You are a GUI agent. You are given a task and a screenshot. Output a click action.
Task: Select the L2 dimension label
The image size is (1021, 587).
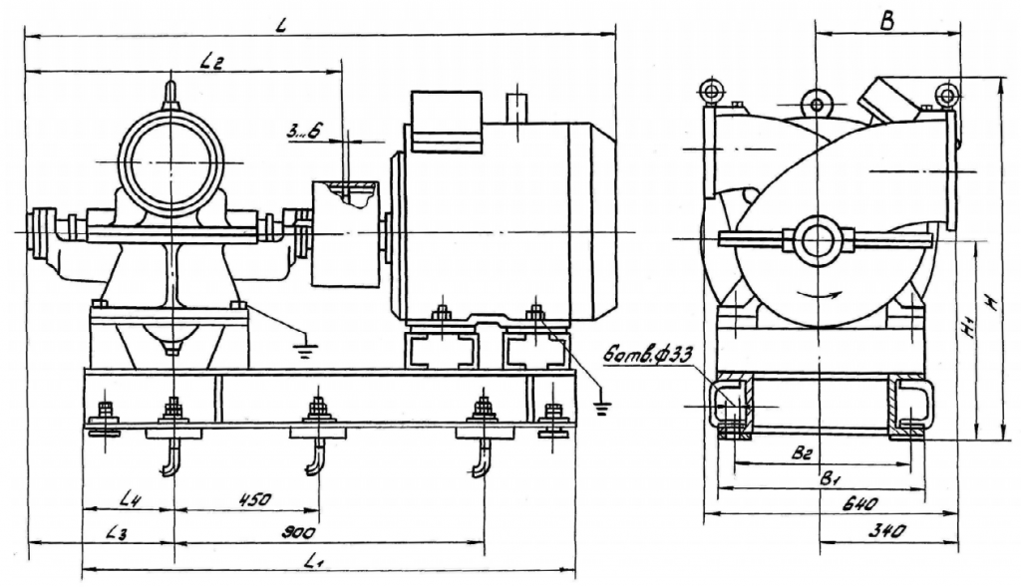tap(210, 61)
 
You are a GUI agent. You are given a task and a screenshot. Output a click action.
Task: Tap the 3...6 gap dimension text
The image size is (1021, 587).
tap(299, 129)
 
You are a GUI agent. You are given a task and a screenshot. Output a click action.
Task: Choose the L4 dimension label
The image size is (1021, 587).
tap(126, 497)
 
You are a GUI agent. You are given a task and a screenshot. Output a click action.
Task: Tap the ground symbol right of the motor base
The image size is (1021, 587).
tap(600, 403)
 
